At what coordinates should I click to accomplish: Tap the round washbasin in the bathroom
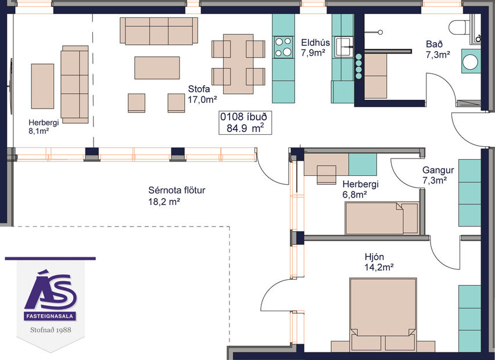pyautogui.click(x=471, y=60)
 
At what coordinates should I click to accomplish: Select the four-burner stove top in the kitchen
pyautogui.click(x=283, y=47)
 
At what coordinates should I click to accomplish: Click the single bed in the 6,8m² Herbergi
pyautogui.click(x=382, y=218)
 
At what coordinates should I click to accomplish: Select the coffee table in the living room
pyautogui.click(x=157, y=67)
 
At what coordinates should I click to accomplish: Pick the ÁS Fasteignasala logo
pyautogui.click(x=50, y=296)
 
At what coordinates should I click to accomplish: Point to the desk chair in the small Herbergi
pyautogui.click(x=327, y=172)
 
